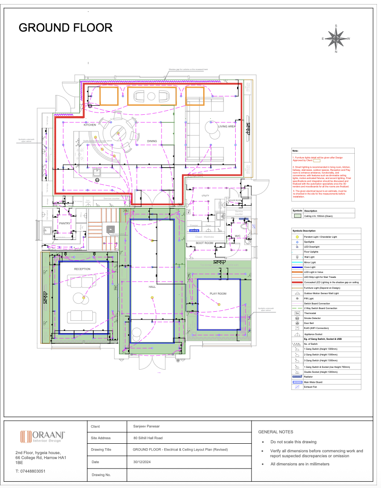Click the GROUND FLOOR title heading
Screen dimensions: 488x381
point(65,28)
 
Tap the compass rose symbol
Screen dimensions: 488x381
point(336,39)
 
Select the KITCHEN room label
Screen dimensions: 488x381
point(90,125)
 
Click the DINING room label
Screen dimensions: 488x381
point(152,141)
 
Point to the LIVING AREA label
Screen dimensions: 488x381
point(227,127)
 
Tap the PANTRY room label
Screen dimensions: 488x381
point(65,223)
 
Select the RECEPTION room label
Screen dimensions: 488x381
point(82,269)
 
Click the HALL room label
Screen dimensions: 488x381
point(152,287)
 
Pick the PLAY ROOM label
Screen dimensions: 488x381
point(218,294)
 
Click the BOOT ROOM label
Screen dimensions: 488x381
point(204,243)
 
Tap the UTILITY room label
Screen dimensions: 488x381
point(205,195)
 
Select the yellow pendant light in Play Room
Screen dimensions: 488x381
point(219,305)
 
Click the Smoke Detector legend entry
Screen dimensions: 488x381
point(314,318)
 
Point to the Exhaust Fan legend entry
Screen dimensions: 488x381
point(312,387)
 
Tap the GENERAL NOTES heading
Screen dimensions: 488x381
point(275,432)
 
